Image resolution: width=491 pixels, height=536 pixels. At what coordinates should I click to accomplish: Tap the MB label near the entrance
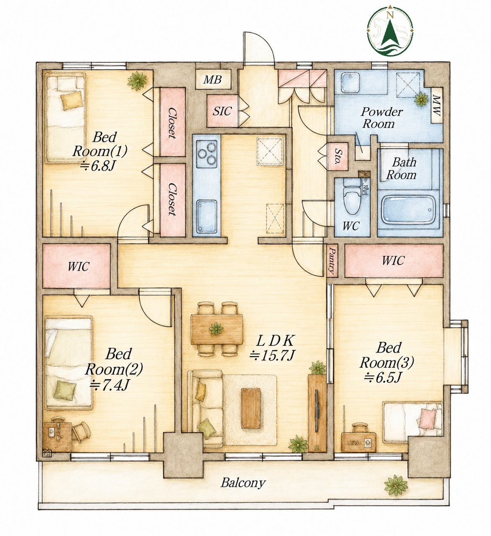click(x=212, y=79)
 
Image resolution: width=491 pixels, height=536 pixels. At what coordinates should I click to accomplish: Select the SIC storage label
click(x=222, y=111)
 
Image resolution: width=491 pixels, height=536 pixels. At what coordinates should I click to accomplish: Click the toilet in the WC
click(x=351, y=198)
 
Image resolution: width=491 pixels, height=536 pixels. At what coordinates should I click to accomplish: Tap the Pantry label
click(x=332, y=260)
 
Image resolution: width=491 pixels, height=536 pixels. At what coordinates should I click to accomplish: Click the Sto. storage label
click(x=338, y=157)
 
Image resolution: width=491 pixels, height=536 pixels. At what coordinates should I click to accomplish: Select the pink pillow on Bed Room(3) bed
click(x=428, y=417)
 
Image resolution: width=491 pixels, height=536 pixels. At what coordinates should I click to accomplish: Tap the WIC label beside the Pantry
click(x=393, y=260)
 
